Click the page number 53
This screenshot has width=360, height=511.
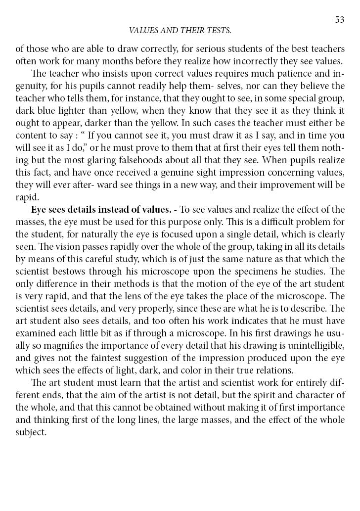(339, 19)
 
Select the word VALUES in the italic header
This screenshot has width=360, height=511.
(144, 31)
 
